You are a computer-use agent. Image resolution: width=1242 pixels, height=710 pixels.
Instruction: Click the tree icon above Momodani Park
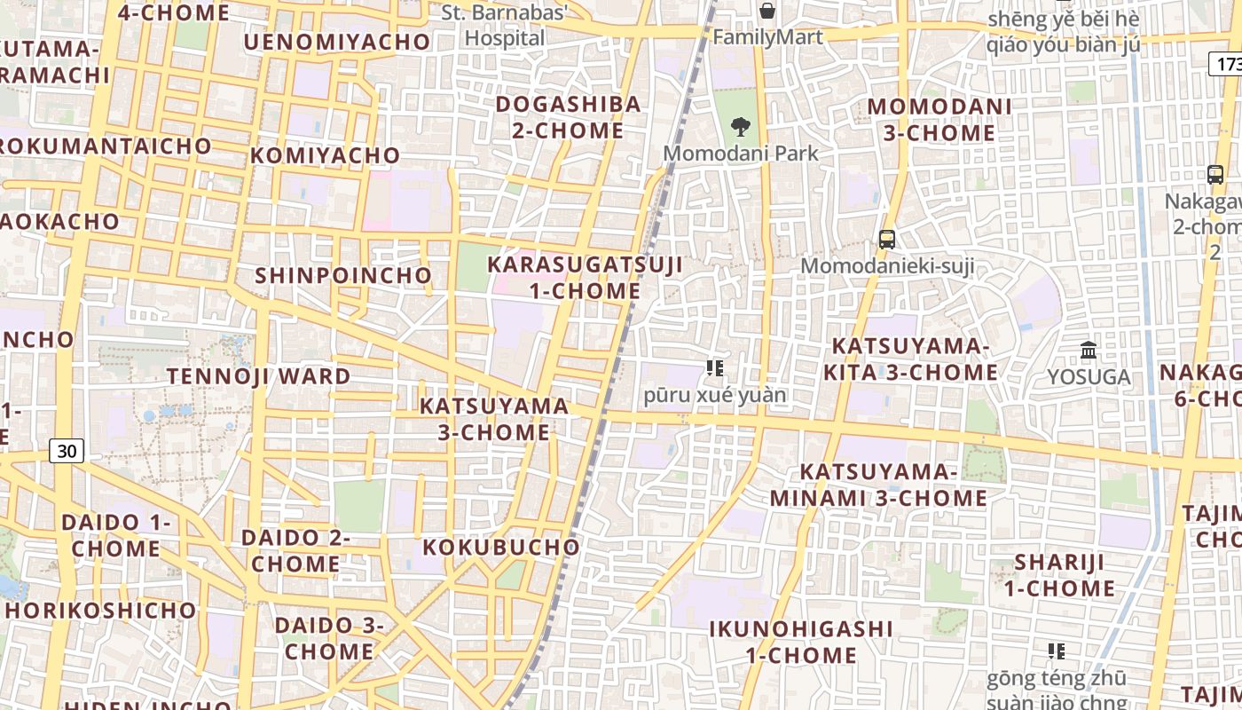point(741,127)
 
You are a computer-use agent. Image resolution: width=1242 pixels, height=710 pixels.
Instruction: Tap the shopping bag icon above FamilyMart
point(767,11)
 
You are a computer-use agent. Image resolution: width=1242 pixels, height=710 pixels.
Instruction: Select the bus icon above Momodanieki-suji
point(886,239)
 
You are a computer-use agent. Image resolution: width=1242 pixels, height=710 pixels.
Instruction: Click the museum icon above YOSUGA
point(1089,351)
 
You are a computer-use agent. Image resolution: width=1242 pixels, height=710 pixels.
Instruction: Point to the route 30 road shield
point(67,451)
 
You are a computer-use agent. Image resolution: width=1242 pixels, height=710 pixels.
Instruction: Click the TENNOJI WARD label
point(259,376)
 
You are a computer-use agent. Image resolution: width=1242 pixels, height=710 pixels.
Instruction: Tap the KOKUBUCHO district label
point(501,547)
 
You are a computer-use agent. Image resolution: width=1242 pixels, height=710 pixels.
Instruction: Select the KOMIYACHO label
point(325,155)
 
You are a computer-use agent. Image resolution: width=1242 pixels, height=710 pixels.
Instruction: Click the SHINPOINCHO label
point(342,275)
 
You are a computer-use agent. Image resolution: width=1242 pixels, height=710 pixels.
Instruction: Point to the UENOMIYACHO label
point(336,42)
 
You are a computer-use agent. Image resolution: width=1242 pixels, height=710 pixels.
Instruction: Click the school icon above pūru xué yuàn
point(715,367)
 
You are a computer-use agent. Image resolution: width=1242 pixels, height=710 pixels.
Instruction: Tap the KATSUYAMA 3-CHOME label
point(494,419)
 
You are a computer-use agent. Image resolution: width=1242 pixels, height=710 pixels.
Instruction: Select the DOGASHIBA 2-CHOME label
point(568,117)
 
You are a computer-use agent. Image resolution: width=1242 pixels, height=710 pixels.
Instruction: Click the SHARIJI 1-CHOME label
point(1059,575)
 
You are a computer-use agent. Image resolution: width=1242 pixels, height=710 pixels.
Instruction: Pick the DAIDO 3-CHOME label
point(329,638)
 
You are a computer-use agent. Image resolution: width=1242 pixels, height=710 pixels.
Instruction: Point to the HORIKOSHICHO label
point(100,611)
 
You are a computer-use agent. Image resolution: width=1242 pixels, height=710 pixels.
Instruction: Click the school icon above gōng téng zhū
point(1056,651)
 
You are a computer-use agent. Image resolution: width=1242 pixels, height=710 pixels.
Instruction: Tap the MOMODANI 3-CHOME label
point(939,120)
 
